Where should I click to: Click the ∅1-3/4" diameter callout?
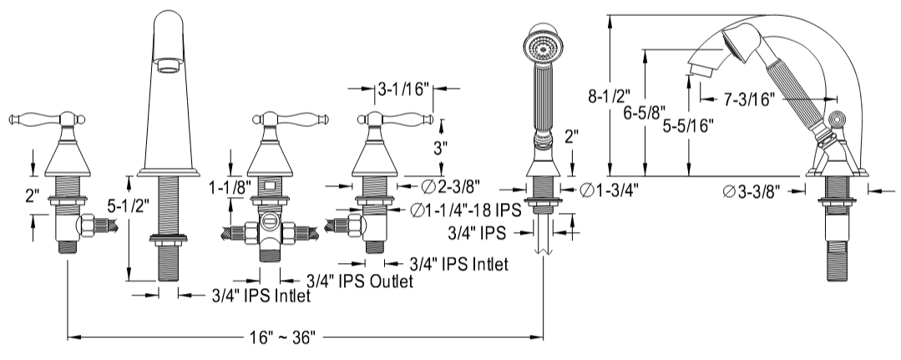612,189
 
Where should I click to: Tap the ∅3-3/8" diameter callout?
752,190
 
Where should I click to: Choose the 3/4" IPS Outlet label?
359,281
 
